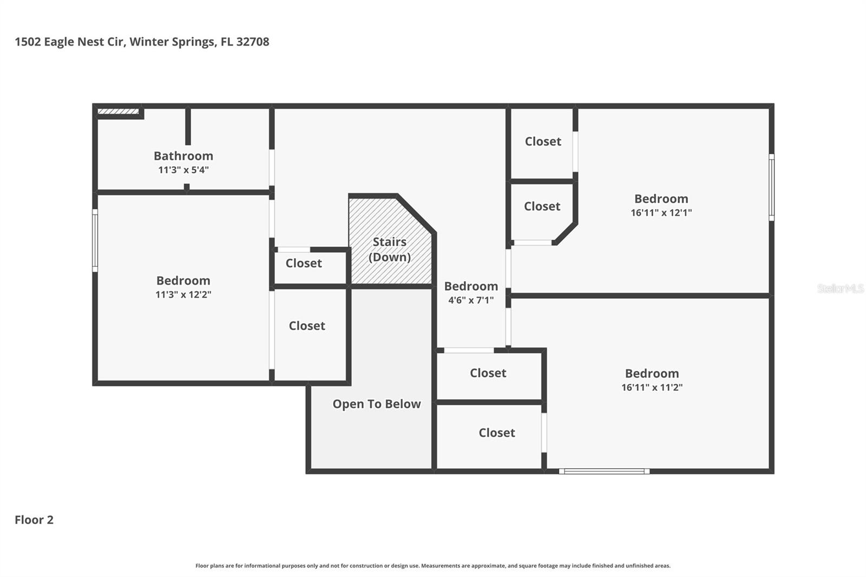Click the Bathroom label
pos(183,156)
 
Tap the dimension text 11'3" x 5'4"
pos(183,170)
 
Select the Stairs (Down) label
pos(389,250)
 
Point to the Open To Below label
pos(376,404)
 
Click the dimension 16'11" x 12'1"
pos(661,213)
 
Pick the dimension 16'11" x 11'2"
pos(652,388)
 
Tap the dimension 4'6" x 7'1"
pos(470,300)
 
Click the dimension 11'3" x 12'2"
pos(183,295)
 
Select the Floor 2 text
pos(34,520)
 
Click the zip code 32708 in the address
pos(253,42)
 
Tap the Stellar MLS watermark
pos(840,289)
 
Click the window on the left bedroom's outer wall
pos(95,240)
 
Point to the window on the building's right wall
pos(771,187)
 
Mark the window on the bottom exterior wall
pos(604,471)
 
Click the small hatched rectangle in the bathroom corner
pos(118,112)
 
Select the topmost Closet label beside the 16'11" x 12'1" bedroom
pos(543,141)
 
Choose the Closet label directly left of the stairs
pos(304,263)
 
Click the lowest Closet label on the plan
pos(496,432)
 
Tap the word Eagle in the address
pos(58,42)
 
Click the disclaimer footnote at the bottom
pos(432,566)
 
